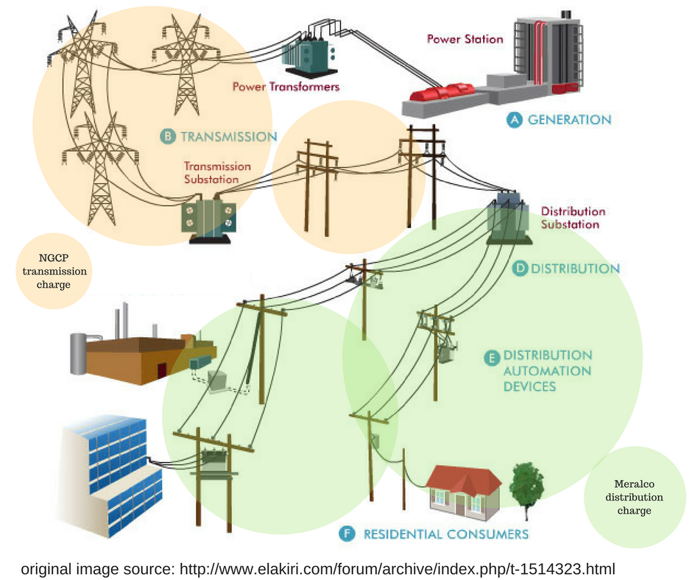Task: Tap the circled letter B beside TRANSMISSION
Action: pyautogui.click(x=167, y=136)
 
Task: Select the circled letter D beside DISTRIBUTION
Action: pyautogui.click(x=519, y=269)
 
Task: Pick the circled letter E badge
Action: pyautogui.click(x=490, y=357)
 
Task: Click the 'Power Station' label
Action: pyautogui.click(x=465, y=39)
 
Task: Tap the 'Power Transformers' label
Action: pyautogui.click(x=286, y=87)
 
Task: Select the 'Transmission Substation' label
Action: pyautogui.click(x=216, y=172)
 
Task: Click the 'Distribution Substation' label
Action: pyautogui.click(x=573, y=218)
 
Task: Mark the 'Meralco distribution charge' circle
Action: pyautogui.click(x=634, y=497)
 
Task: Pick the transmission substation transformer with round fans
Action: pyautogui.click(x=208, y=217)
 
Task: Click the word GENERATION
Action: pyautogui.click(x=569, y=119)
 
